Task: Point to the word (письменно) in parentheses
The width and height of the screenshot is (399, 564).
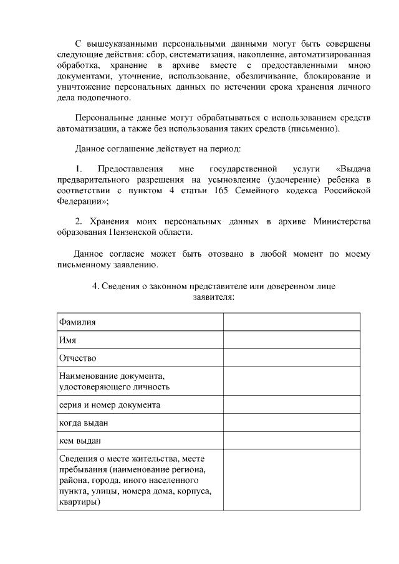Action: [x=315, y=128]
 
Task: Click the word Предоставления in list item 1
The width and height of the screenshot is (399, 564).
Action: [x=130, y=169]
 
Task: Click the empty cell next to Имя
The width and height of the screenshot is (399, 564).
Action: [x=292, y=340]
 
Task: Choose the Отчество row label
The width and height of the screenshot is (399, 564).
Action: [x=77, y=358]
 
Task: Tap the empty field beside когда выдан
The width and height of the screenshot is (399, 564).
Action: [x=292, y=423]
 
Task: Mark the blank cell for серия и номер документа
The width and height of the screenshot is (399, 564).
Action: [x=292, y=404]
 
